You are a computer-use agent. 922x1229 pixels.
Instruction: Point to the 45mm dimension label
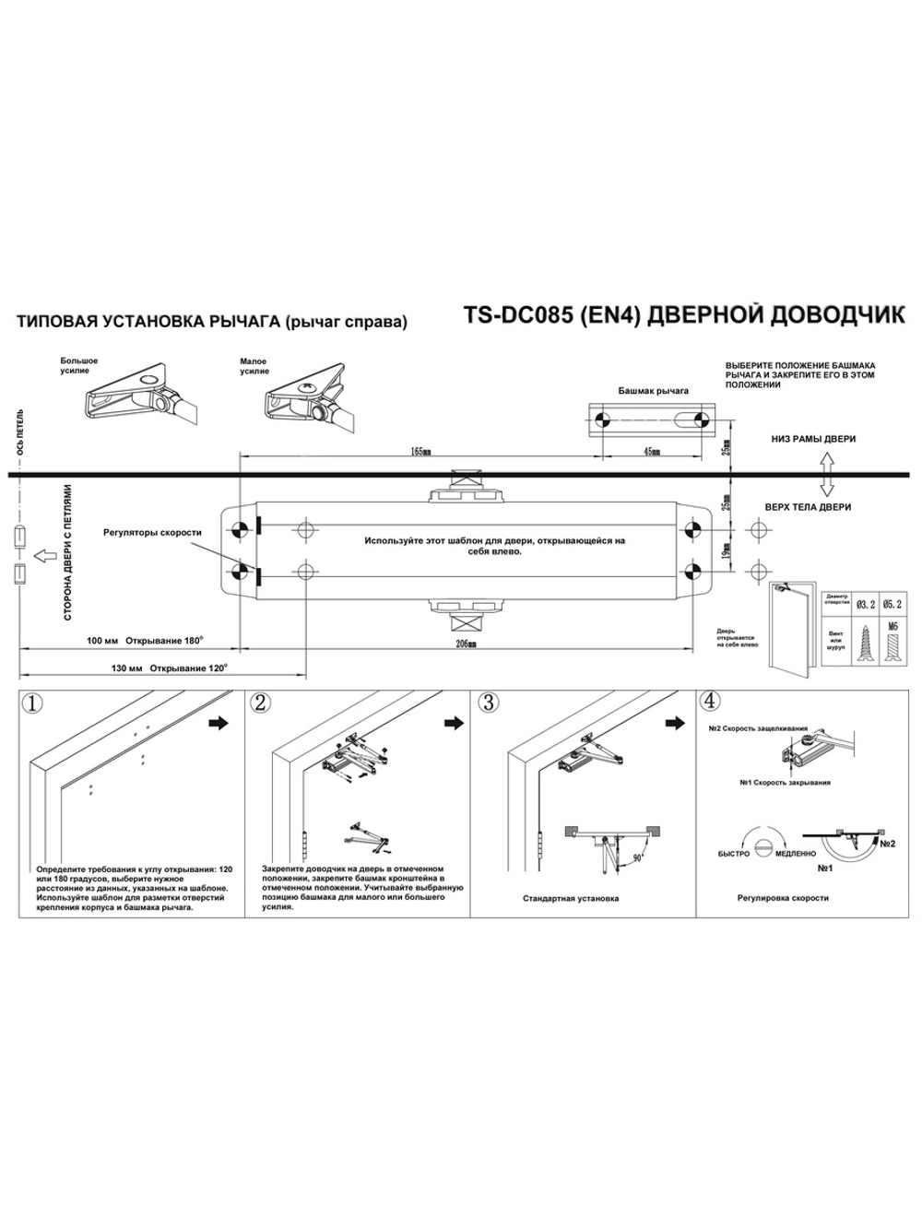[653, 452]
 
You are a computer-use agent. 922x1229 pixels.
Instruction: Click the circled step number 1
[32, 703]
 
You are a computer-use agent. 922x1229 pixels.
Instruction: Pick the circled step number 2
[260, 703]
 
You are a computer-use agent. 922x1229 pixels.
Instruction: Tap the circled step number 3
[487, 703]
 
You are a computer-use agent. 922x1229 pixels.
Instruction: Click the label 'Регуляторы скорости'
[152, 532]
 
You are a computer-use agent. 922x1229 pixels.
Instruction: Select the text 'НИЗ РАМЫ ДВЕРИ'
[813, 439]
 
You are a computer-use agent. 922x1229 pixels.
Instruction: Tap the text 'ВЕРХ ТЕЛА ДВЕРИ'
[808, 507]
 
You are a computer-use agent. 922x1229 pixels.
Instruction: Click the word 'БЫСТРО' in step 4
[734, 853]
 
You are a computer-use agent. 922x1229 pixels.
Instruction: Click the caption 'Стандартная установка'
[571, 898]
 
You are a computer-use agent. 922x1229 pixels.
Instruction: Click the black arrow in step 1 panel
[219, 723]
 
